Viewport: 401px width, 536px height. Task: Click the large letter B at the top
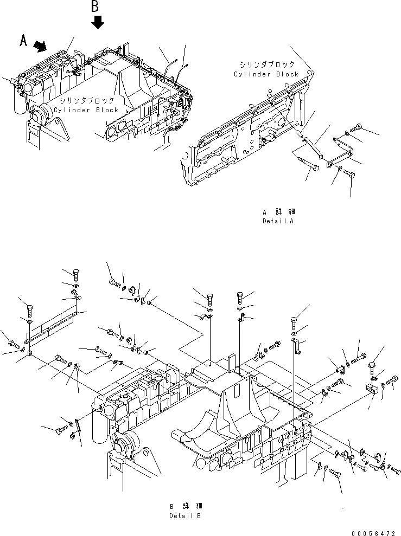pos(95,7)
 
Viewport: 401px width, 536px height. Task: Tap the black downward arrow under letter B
pos(97,23)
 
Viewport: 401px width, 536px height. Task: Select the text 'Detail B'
pos(184,515)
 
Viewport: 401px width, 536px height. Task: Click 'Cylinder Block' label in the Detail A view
pos(266,74)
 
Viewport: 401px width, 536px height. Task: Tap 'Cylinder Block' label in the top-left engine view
pos(86,110)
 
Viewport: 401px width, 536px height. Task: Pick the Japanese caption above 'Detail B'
pos(184,506)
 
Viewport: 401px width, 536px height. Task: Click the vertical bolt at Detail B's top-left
pos(75,273)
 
